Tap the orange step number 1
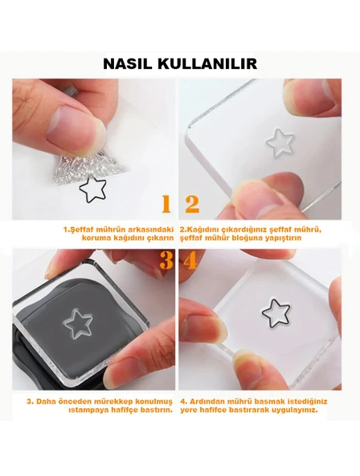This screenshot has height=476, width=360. tap(166, 204)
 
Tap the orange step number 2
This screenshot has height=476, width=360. tap(192, 204)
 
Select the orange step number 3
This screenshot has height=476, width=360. tap(166, 261)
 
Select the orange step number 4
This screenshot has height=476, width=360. tap(191, 261)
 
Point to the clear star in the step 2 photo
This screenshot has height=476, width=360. tap(280, 142)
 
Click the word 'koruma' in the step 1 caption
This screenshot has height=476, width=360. tap(84, 237)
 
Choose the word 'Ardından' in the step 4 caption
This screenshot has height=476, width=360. tap(209, 400)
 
